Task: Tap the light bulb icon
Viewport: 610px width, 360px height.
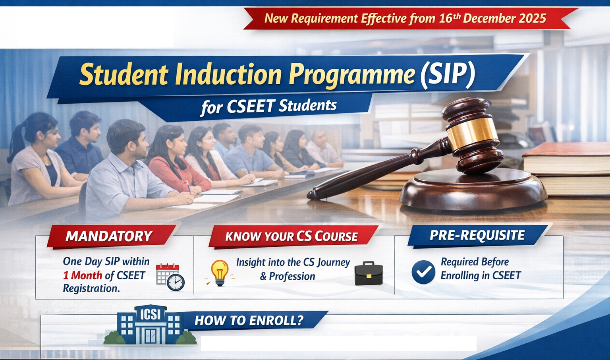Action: click(220, 273)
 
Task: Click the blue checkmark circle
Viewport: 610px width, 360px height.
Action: click(423, 272)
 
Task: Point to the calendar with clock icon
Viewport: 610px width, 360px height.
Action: click(170, 277)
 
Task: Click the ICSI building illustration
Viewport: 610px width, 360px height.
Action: click(150, 326)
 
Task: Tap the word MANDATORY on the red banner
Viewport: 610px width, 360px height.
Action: click(109, 236)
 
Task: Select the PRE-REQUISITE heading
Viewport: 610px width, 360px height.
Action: click(477, 235)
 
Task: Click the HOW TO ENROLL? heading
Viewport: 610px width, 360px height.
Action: click(249, 321)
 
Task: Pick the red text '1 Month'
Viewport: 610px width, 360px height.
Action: click(83, 275)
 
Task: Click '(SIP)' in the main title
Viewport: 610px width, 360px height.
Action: click(448, 74)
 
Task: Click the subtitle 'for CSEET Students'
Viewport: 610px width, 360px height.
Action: click(269, 106)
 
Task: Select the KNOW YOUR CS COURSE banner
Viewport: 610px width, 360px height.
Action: click(291, 236)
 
